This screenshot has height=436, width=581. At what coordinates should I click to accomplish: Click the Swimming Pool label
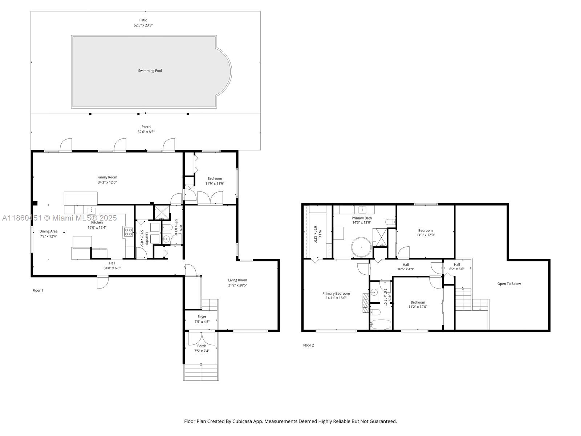[x=150, y=71]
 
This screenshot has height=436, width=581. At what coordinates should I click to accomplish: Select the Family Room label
[x=107, y=177]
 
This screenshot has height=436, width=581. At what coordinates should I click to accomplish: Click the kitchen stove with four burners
[x=129, y=232]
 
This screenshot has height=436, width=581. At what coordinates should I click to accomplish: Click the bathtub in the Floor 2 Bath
[x=381, y=324]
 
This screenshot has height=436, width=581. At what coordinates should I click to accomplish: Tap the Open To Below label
[x=509, y=284]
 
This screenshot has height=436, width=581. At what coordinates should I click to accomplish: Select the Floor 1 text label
[x=38, y=290]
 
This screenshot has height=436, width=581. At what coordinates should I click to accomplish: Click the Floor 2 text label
[x=308, y=345]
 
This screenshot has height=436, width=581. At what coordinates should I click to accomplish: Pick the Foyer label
[x=202, y=317]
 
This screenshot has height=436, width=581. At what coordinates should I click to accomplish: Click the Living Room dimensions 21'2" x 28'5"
[x=237, y=285]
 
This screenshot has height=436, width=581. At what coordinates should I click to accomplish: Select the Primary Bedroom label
[x=336, y=294]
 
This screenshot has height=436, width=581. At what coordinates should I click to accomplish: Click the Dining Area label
[x=48, y=231]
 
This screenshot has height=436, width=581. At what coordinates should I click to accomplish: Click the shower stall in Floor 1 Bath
[x=162, y=213]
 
